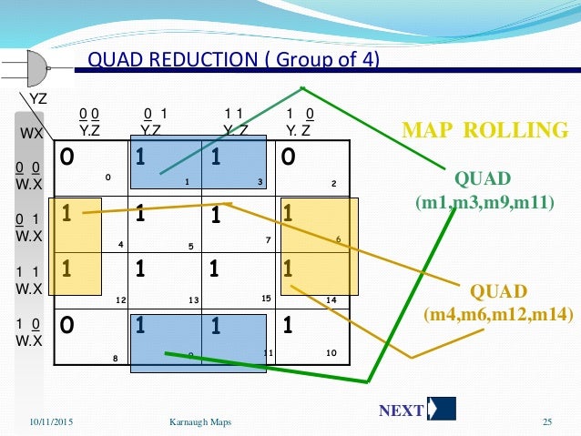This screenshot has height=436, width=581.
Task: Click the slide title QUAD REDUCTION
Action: [233, 60]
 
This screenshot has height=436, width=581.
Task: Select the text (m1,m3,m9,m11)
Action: [484, 200]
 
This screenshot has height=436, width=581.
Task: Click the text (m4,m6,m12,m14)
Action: [497, 314]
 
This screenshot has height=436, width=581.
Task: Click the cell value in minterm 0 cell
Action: [66, 157]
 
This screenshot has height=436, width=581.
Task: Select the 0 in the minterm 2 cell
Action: [287, 157]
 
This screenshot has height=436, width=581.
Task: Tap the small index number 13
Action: [194, 300]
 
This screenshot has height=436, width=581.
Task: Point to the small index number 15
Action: [267, 298]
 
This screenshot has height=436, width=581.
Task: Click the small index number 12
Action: [121, 300]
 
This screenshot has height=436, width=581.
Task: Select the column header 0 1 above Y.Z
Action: [153, 113]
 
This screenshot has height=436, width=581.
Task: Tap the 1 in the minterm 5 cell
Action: [140, 216]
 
